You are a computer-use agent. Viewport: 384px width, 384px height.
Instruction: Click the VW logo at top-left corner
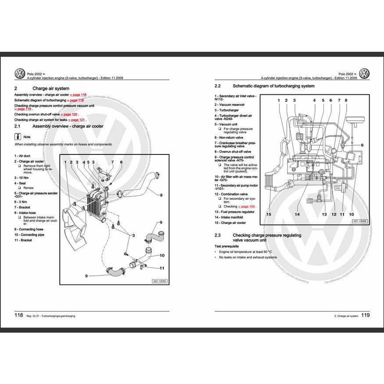point(20,74)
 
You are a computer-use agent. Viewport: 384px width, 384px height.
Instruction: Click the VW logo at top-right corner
point(364,74)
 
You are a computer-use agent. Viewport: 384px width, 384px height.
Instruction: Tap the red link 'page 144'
point(247,206)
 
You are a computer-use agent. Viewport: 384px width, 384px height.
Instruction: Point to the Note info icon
point(17,136)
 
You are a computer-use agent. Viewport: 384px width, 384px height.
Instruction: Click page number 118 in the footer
point(19,316)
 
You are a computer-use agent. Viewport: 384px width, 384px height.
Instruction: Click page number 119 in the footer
point(365,316)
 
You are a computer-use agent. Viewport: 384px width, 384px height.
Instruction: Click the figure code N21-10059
point(160,281)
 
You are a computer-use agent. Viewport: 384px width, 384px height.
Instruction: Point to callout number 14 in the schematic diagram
point(297,215)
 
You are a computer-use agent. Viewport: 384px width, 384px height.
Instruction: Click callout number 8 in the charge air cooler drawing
point(161,195)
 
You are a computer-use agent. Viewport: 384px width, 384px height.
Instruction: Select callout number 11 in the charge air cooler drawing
point(162,268)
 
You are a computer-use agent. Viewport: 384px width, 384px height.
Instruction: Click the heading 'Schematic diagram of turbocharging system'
point(273,86)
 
